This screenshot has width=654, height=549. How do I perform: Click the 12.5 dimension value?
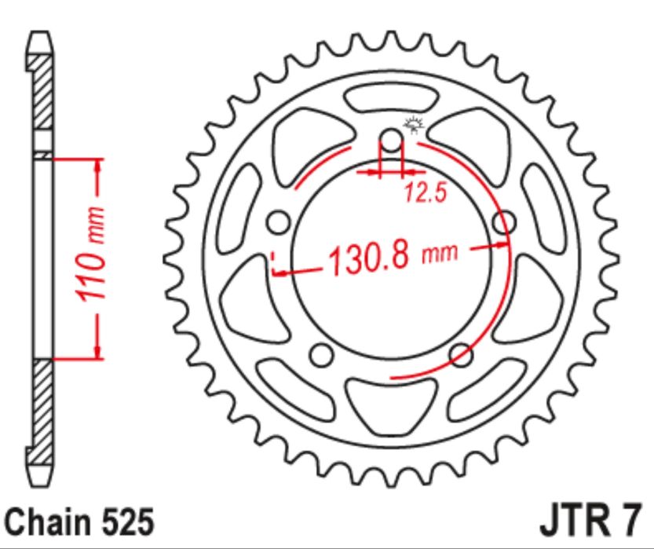click(426, 192)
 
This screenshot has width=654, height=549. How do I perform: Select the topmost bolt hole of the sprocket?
click(391, 140)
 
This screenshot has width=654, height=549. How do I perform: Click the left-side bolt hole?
click(278, 222)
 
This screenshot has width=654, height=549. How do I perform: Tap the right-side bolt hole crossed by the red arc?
click(504, 222)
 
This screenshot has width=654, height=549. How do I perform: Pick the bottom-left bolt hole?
click(322, 355)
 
